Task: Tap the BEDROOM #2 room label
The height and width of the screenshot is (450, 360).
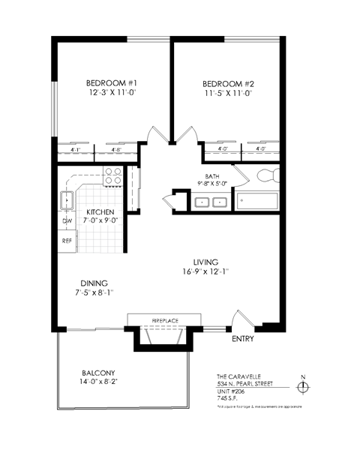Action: click(226, 82)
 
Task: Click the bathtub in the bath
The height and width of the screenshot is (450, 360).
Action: click(257, 202)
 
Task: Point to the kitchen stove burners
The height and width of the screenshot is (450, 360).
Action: click(112, 177)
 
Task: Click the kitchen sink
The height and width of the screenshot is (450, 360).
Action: click(66, 200)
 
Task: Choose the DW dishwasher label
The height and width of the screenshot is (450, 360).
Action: click(66, 221)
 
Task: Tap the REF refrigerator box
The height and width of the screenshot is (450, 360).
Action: click(66, 241)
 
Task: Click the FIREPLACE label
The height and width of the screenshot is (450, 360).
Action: click(165, 320)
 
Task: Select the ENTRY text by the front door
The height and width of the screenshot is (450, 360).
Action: click(242, 339)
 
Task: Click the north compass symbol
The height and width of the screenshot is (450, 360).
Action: click(303, 387)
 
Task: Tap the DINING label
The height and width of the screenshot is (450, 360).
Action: click(94, 283)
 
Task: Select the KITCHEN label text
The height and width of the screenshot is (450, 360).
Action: click(100, 212)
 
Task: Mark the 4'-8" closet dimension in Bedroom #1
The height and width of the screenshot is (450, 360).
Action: click(116, 149)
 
